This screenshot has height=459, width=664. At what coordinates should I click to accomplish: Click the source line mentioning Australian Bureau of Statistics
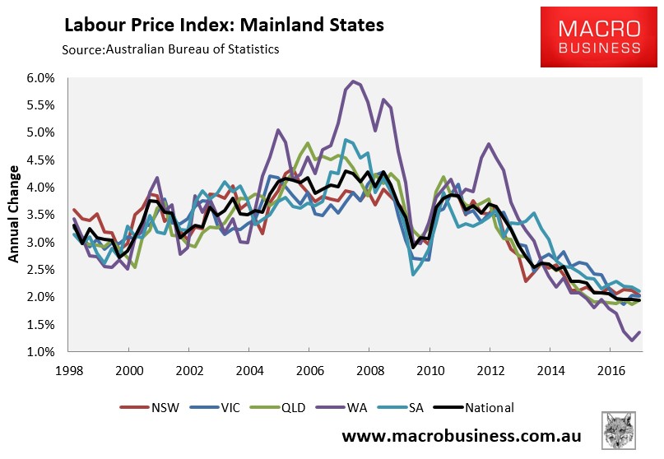pos(170,49)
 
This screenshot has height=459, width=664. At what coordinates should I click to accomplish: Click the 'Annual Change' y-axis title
pos(14,216)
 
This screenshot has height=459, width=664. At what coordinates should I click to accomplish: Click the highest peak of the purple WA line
pos(353,81)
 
